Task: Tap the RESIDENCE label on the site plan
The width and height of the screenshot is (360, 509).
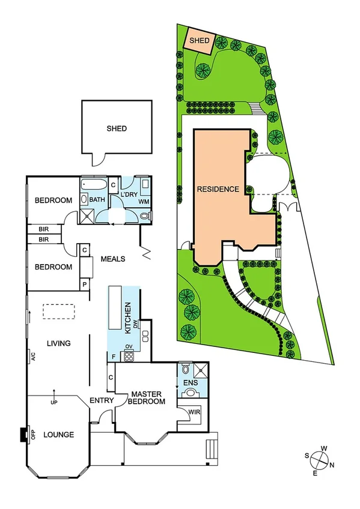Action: pyautogui.click(x=218, y=189)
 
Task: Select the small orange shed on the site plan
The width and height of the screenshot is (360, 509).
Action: pyautogui.click(x=199, y=41)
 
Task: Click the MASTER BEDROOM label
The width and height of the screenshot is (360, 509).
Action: pyautogui.click(x=147, y=398)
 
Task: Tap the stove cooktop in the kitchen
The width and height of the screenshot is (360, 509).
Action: pyautogui.click(x=128, y=355)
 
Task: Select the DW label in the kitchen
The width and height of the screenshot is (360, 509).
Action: pyautogui.click(x=137, y=324)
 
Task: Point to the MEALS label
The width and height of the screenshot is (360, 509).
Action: pyautogui.click(x=112, y=259)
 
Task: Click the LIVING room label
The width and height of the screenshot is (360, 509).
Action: pyautogui.click(x=59, y=343)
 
